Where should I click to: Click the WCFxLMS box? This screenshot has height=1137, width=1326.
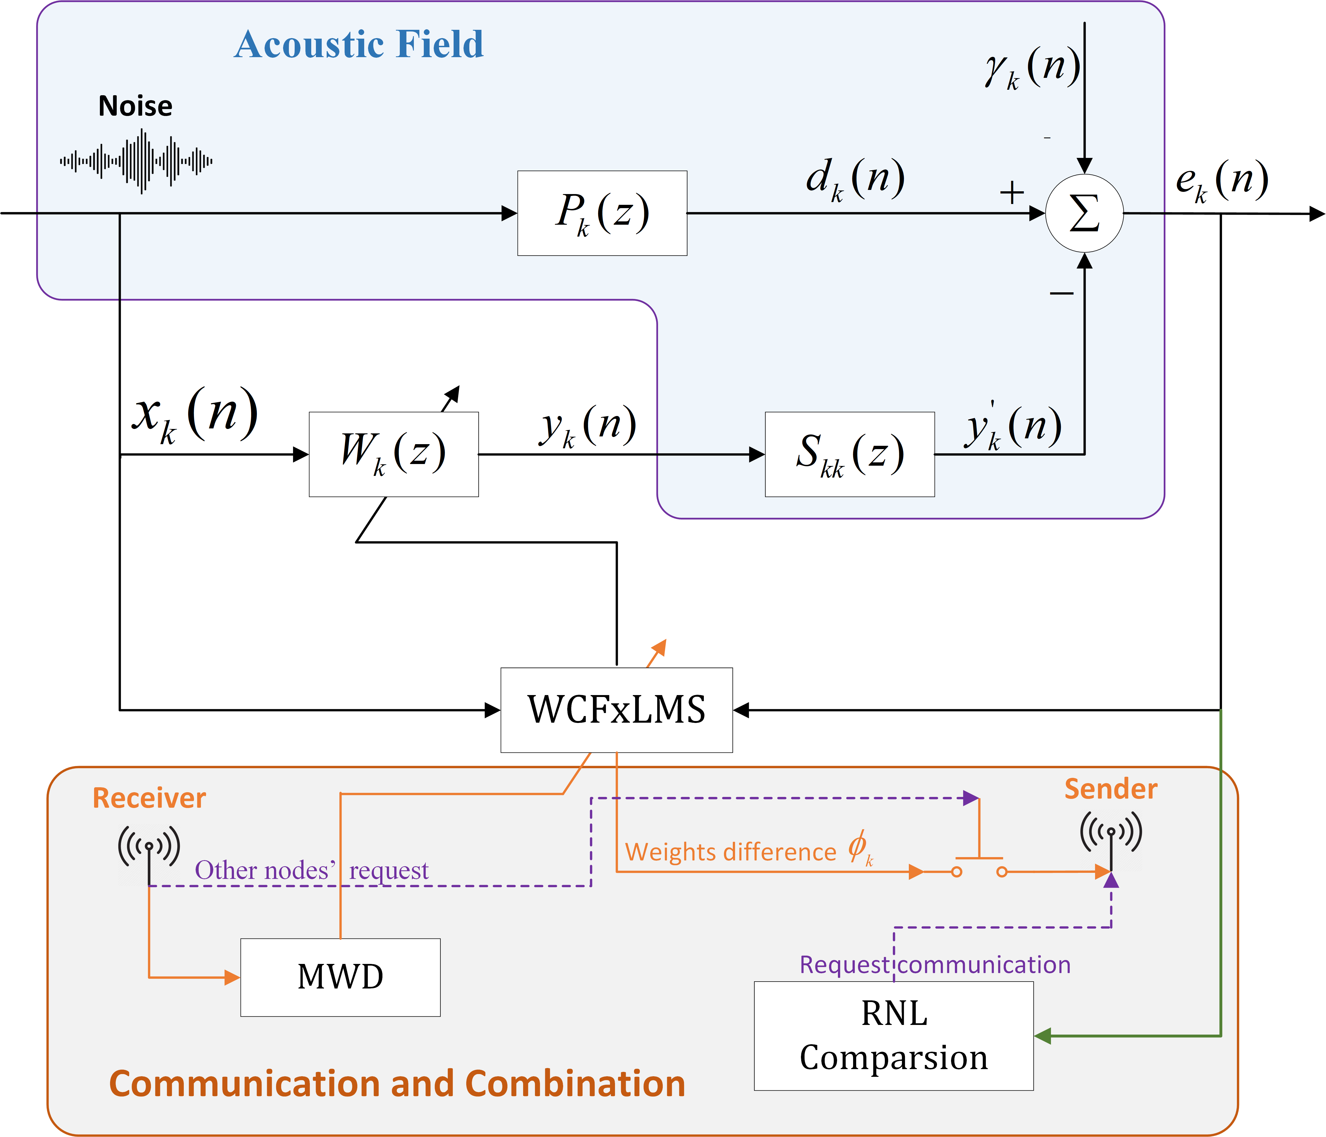616,710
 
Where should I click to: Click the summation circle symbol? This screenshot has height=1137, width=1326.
1084,213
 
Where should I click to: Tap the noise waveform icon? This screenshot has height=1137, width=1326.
136,161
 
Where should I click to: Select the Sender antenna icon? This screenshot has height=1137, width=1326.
1111,836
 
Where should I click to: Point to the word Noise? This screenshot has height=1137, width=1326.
135,106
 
